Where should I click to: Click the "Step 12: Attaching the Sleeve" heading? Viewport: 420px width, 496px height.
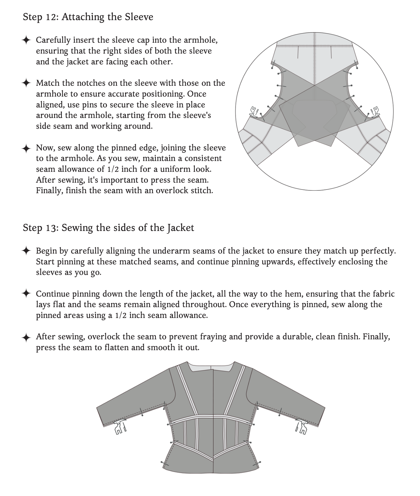click(x=88, y=17)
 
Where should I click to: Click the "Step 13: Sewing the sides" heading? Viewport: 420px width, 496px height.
click(x=108, y=228)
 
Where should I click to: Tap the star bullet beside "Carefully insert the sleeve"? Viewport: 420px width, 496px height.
click(x=26, y=40)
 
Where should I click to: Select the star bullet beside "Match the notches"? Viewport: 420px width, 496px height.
click(x=26, y=83)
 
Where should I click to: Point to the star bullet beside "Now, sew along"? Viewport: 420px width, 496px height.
click(x=26, y=148)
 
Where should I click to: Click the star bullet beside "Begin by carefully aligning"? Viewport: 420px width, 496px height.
click(x=26, y=251)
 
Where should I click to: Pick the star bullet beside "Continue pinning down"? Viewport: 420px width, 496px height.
click(x=26, y=294)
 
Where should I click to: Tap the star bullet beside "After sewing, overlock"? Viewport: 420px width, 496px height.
click(x=26, y=337)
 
